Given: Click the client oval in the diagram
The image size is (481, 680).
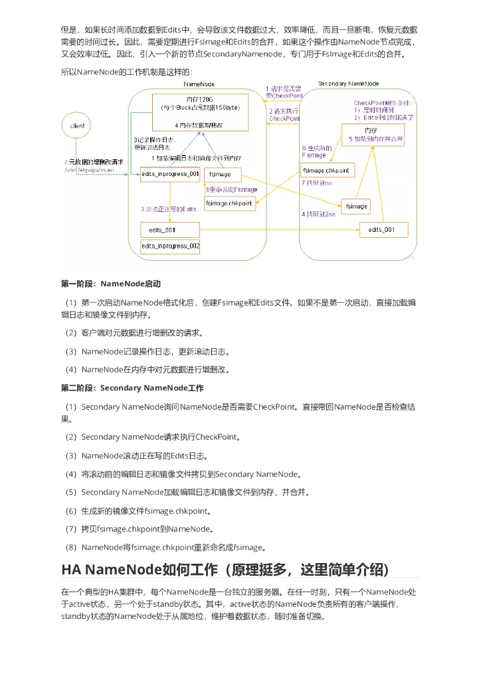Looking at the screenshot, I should coord(76,125).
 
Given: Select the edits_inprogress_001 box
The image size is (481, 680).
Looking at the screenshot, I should coord(170,174).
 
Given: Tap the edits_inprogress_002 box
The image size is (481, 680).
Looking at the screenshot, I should coord(170,246).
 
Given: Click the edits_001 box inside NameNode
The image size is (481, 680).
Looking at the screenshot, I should coord(170,230).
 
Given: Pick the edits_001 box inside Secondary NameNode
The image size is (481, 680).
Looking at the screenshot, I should coord(383,230).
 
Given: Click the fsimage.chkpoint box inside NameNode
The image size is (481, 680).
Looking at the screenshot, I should coord(229,203).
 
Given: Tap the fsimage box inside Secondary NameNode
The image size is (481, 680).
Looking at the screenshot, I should coord(356,207).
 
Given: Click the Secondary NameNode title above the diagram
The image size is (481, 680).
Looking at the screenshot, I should coord(348,84).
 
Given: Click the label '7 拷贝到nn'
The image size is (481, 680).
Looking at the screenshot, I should coord(317,183).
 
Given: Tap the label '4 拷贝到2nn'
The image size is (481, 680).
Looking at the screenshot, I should coord(319,214).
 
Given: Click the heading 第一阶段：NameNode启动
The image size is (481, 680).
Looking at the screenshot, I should coord(111,284).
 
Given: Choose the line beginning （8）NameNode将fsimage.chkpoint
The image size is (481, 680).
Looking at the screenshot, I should coord(164,548).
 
